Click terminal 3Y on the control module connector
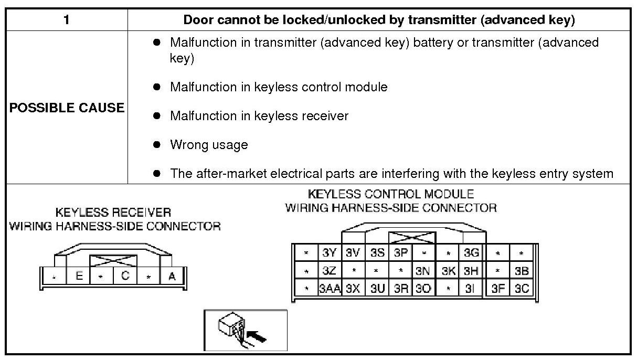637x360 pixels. [330, 253]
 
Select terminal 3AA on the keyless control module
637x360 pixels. [330, 289]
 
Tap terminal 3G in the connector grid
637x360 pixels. [471, 253]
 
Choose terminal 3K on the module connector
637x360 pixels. [448, 271]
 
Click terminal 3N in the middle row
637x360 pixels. [423, 271]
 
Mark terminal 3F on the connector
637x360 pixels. [498, 289]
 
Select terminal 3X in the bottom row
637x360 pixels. [353, 289]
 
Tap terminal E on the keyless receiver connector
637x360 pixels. [79, 276]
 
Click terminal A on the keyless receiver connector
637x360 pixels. [172, 276]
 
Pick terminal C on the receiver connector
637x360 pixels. [125, 276]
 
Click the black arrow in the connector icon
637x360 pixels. [257, 335]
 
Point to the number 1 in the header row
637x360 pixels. [66, 20]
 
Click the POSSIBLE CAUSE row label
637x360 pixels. [67, 108]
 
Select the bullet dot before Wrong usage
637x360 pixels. [156, 144]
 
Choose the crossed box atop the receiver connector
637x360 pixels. [113, 261]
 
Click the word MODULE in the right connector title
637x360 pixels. [448, 194]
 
